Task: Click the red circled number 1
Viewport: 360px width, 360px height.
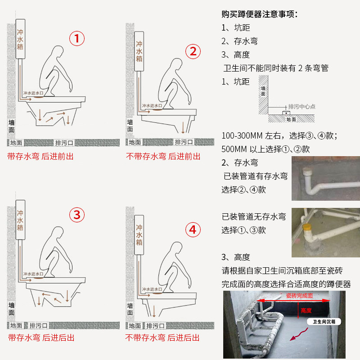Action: coord(77,38)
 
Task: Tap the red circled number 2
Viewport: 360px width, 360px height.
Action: coord(193,51)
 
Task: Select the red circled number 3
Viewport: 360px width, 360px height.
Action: coord(77,215)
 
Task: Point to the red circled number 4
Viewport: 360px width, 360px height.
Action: coord(193,229)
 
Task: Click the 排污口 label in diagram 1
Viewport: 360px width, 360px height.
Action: coord(64,143)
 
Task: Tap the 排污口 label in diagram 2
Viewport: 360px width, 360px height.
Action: coord(184,142)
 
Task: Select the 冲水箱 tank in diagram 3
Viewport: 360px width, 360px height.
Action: coord(20,220)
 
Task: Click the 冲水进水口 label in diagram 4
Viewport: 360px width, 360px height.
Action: coord(152,289)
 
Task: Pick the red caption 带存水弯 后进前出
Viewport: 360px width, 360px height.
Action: coord(40,156)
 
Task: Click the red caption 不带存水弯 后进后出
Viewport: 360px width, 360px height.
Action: coord(162,338)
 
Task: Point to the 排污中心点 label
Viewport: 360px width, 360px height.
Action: coord(301,107)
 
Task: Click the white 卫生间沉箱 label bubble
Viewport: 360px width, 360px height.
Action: coord(324,322)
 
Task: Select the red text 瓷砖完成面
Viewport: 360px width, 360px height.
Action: coord(299,296)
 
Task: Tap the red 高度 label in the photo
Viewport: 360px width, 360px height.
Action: coord(306,310)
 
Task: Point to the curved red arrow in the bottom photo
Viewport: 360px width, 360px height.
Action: coord(299,334)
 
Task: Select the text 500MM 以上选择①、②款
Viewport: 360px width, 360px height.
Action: coord(265,149)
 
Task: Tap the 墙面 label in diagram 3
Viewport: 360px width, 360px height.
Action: coord(12,309)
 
